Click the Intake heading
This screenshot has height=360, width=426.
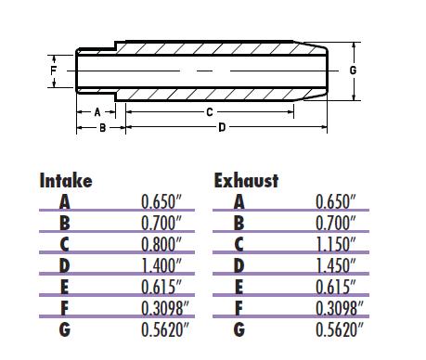[x=65, y=180]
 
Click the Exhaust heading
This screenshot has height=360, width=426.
[x=246, y=180]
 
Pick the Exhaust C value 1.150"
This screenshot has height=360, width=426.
[x=334, y=244]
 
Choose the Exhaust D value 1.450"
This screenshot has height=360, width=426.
[x=334, y=264]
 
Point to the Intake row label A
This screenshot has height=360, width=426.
[x=64, y=201]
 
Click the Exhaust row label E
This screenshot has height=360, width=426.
[x=239, y=287]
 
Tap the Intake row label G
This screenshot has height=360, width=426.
[x=64, y=329]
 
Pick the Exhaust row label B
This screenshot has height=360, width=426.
[x=239, y=223]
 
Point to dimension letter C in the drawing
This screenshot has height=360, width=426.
[x=211, y=110]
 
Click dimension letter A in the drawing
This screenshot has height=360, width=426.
[x=97, y=111]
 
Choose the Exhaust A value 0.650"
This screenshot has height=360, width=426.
[x=334, y=201]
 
